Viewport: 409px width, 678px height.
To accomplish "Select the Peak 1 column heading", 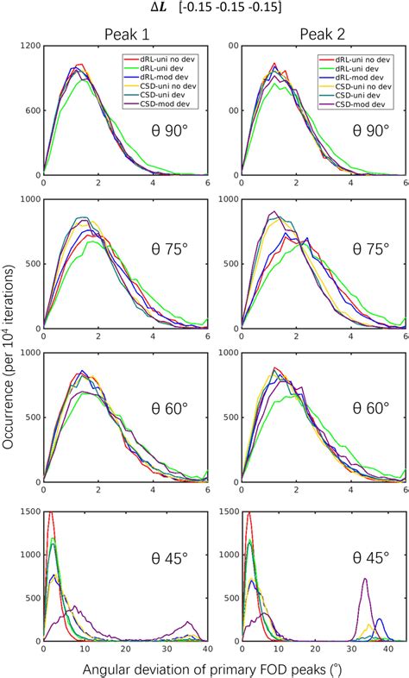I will point(125,35).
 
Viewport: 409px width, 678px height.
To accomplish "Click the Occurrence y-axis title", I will point(9,344).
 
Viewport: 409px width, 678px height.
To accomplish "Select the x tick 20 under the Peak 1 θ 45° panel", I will point(125,650).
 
